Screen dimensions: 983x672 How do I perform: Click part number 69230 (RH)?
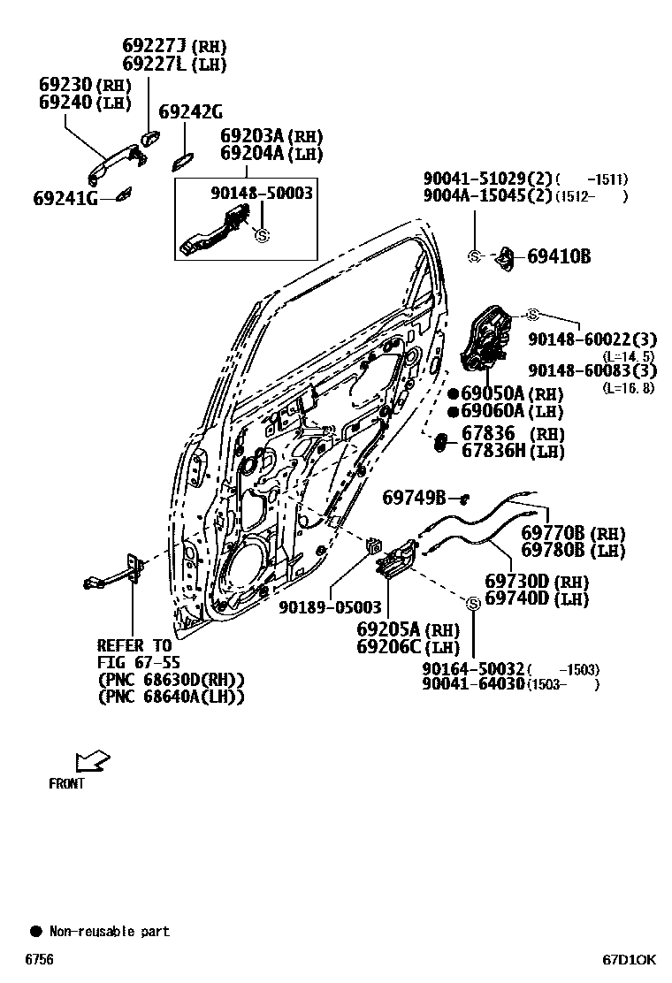pyautogui.click(x=84, y=86)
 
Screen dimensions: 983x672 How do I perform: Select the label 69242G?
pyautogui.click(x=190, y=112)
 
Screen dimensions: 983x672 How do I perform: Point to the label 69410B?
pyautogui.click(x=559, y=257)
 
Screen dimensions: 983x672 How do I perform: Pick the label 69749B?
pyautogui.click(x=414, y=499)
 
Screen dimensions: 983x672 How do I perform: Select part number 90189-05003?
pyautogui.click(x=330, y=607)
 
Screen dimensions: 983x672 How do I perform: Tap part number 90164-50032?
pyautogui.click(x=474, y=668)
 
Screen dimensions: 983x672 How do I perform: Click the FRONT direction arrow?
pyautogui.click(x=92, y=760)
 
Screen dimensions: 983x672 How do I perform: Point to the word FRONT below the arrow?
pyautogui.click(x=66, y=783)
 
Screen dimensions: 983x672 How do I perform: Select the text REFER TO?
pyautogui.click(x=134, y=646)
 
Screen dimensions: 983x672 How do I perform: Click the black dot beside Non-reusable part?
pyautogui.click(x=36, y=931)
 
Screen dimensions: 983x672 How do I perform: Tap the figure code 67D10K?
pyautogui.click(x=629, y=959)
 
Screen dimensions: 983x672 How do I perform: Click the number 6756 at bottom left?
pyautogui.click(x=38, y=959)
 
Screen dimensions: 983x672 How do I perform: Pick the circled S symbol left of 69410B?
pyautogui.click(x=474, y=256)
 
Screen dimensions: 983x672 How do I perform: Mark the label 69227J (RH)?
pyautogui.click(x=173, y=46)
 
